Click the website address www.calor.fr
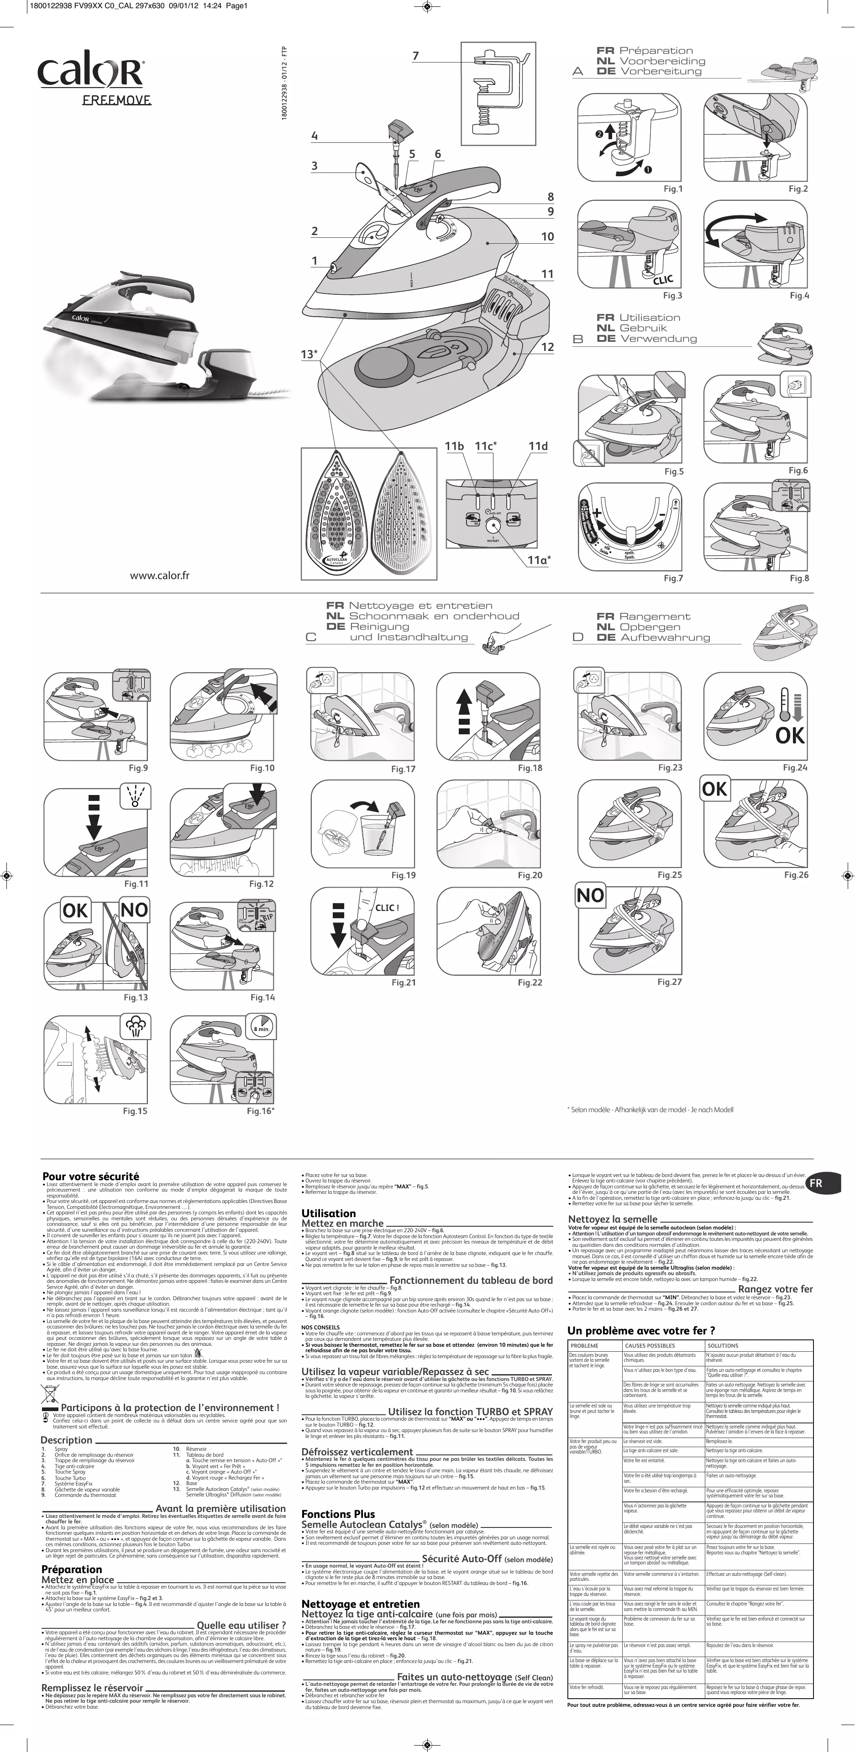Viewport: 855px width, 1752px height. click(x=160, y=575)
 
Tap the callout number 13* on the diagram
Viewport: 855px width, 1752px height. click(x=309, y=354)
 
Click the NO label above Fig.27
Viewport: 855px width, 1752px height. click(x=590, y=896)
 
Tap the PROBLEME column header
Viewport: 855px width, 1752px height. click(x=584, y=1345)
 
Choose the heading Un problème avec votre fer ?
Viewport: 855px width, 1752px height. click(x=641, y=1330)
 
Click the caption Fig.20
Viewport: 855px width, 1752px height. click(x=530, y=875)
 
